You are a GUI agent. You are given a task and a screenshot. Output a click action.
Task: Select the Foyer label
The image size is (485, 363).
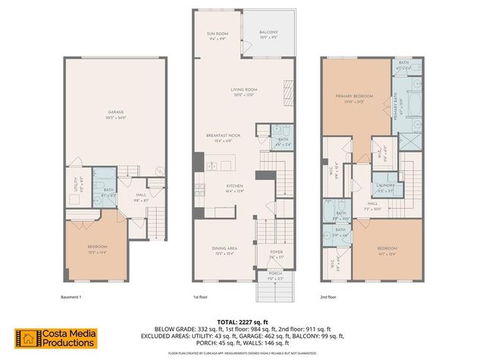(276, 254)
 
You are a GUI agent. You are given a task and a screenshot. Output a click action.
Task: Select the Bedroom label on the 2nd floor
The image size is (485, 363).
(386, 250)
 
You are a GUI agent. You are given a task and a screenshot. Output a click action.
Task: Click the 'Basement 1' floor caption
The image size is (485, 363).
(70, 297)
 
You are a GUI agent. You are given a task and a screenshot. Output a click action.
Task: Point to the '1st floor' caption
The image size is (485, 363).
(201, 297)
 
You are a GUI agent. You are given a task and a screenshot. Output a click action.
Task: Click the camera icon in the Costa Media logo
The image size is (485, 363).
(28, 338)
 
